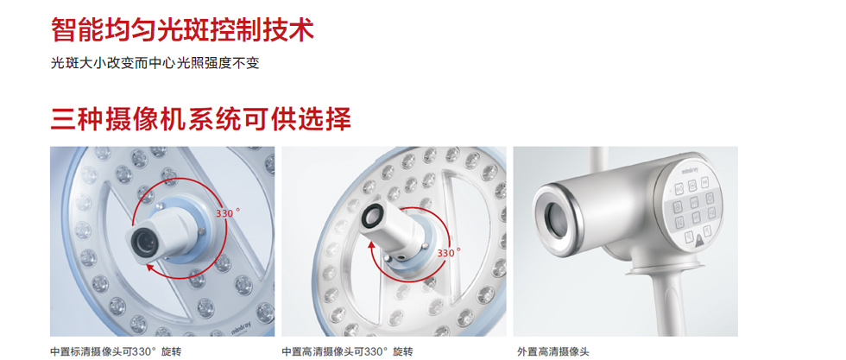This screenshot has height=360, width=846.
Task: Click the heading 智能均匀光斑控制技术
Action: coord(182,29)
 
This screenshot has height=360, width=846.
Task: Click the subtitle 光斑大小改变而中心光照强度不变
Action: coord(155,63)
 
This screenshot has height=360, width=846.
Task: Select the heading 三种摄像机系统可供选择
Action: coord(200,119)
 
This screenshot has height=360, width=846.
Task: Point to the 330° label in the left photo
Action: coord(227,213)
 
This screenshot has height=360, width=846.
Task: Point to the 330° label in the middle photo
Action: coord(449,253)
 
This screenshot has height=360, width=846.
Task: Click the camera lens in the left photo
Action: coord(144,243)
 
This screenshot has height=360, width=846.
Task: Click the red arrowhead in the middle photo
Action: coord(372,244)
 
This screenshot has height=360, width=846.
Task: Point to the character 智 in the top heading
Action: coord(63,29)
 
